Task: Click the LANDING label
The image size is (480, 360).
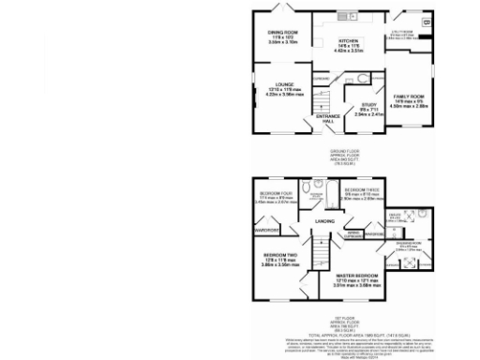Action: (324, 220)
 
